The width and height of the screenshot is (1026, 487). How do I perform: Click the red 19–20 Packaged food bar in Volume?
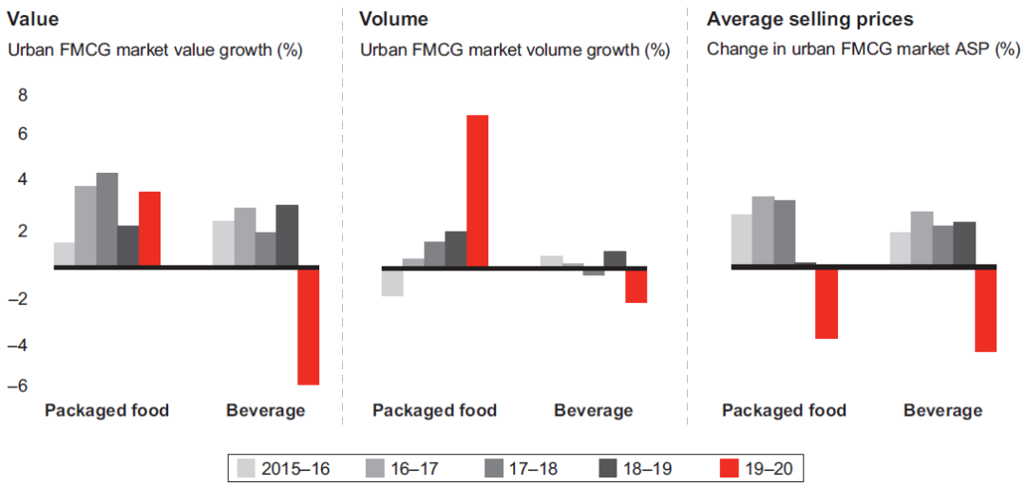(477, 190)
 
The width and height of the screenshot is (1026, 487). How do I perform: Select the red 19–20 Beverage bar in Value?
(308, 326)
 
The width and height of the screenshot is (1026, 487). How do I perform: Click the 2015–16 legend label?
(294, 468)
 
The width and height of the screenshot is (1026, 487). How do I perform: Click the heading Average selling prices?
(810, 18)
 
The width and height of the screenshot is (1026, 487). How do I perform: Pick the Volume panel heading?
(393, 18)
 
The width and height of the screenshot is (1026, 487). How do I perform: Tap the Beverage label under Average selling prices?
(942, 410)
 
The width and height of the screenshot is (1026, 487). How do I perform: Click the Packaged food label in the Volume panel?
(434, 410)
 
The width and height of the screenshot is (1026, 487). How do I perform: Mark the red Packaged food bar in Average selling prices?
(826, 303)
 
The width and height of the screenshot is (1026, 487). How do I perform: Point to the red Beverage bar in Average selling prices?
(986, 309)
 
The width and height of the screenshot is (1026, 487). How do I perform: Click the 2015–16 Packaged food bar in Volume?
(392, 282)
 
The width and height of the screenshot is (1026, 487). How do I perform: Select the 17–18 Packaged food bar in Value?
(106, 219)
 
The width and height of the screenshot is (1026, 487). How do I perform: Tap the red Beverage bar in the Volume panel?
(636, 285)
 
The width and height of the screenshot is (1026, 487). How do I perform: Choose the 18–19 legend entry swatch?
(611, 468)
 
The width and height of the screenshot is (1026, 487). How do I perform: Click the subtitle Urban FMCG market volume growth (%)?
(515, 50)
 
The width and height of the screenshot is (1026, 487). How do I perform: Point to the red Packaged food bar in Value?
(149, 229)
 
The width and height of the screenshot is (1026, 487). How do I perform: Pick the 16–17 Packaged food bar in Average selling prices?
(763, 231)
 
